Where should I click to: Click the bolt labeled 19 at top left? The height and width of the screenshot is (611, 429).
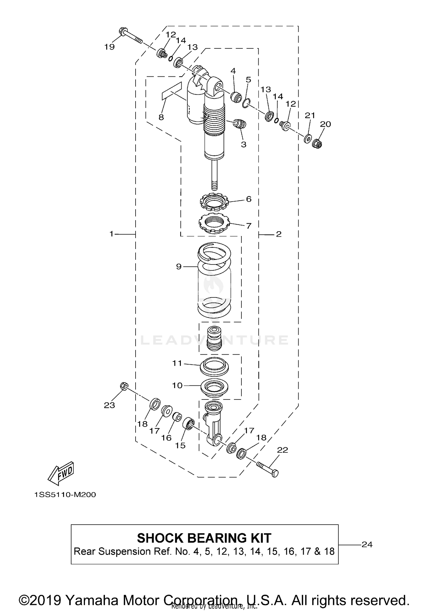(130, 36)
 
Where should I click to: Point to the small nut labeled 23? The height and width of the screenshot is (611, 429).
(124, 386)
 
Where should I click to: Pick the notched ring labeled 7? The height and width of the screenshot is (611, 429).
(214, 223)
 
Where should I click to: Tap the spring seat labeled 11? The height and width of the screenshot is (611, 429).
(214, 366)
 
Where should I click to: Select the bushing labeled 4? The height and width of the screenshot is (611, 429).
(237, 97)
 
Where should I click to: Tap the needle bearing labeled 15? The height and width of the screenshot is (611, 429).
(189, 423)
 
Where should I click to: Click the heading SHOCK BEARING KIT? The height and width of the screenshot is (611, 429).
(204, 538)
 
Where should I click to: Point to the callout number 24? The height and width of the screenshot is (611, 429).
(367, 544)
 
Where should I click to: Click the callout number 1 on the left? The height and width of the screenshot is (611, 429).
(112, 234)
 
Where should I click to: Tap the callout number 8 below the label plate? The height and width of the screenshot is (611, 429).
(161, 117)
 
